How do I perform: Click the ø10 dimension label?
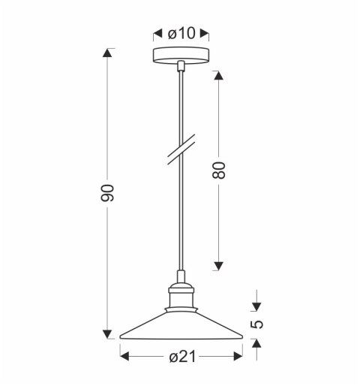pyautogui.click(x=181, y=33)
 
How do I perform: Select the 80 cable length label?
pyautogui.click(x=219, y=170)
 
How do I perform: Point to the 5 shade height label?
pyautogui.click(x=256, y=324)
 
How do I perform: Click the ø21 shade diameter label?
pyautogui.click(x=181, y=357)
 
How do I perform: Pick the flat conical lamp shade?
pyautogui.click(x=181, y=324)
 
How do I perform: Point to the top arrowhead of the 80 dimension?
pyautogui.click(x=219, y=75)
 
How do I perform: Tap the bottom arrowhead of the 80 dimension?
pyautogui.click(x=219, y=265)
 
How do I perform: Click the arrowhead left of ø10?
pyautogui.click(x=157, y=33)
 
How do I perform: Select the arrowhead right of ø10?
pyautogui.click(x=206, y=33)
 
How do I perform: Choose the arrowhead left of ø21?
pyautogui.click(x=124, y=357)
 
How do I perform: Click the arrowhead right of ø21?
pyautogui.click(x=240, y=357)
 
